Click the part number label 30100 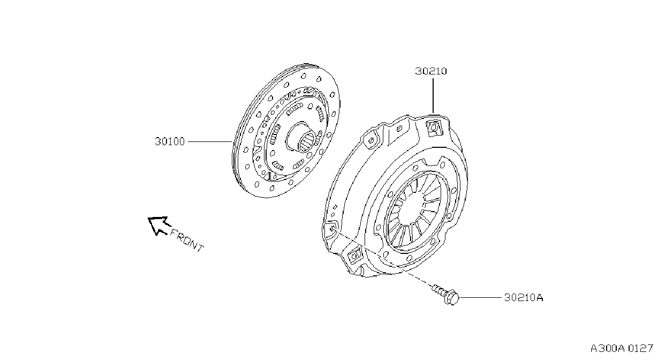coord(170,141)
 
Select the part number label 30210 coord(431,71)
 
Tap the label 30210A coord(524,298)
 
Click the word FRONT coord(187,241)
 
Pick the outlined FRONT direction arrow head coord(158,226)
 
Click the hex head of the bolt coord(452,298)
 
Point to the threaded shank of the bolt coord(439,290)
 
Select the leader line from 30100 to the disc coord(210,141)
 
